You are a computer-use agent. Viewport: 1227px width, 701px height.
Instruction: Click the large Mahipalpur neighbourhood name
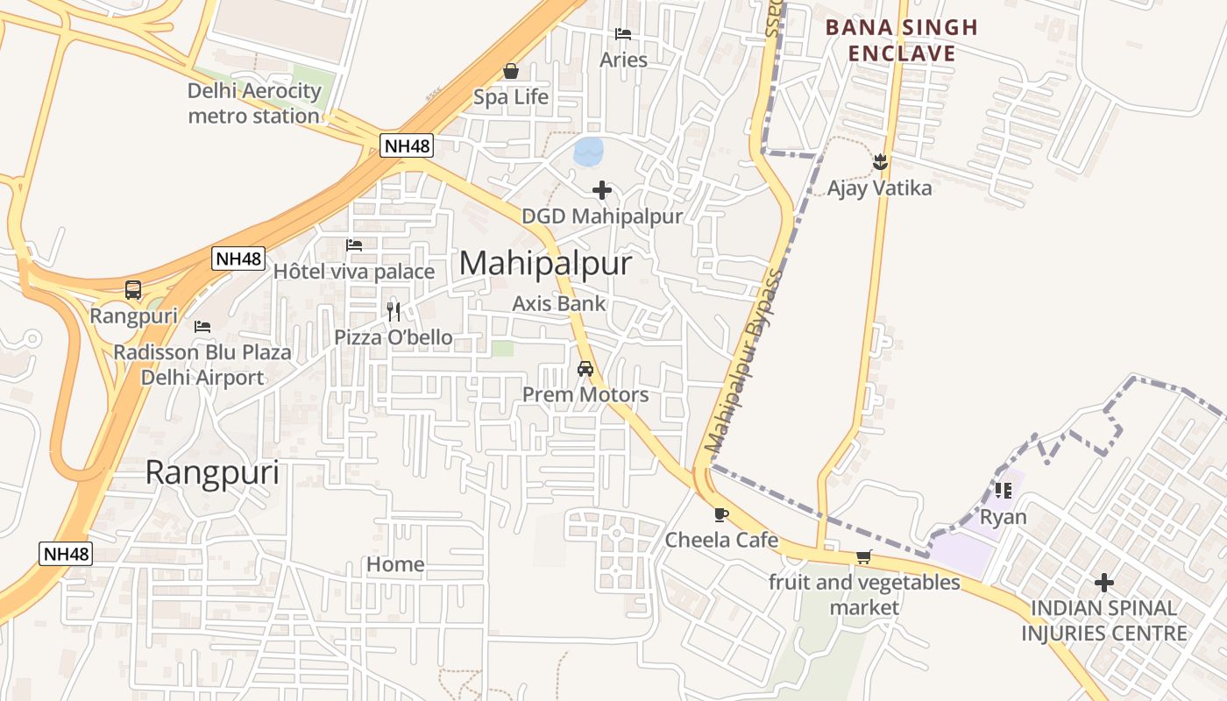[x=544, y=263]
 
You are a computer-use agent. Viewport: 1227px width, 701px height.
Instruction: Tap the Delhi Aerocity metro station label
[x=254, y=103]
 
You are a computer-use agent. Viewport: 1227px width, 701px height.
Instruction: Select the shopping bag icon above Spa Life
[x=511, y=71]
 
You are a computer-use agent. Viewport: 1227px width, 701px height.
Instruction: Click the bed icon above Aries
[x=623, y=34]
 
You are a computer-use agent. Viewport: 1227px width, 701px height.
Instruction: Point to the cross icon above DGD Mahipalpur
[x=602, y=189]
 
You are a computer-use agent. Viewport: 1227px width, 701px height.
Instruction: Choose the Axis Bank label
[x=559, y=304]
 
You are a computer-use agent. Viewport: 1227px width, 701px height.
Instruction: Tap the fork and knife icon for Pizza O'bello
[x=394, y=311]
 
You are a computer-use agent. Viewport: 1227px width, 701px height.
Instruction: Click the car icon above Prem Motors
[x=585, y=369]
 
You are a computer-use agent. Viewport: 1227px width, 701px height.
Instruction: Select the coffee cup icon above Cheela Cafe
[x=721, y=514]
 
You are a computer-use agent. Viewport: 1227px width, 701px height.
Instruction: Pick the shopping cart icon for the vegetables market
[x=864, y=556]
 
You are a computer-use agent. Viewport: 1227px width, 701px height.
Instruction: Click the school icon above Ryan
[x=1004, y=491]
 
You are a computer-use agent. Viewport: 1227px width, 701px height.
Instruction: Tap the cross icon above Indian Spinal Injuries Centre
[x=1104, y=582]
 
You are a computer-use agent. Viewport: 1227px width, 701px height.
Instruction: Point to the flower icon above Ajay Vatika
[x=880, y=162]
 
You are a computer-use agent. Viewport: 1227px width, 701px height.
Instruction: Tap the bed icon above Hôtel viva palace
[x=354, y=245]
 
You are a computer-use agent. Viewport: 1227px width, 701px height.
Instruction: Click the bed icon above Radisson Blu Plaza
[x=202, y=327]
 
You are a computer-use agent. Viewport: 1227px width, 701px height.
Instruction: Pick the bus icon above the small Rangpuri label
[x=133, y=289]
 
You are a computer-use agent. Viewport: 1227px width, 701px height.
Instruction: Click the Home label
[x=395, y=564]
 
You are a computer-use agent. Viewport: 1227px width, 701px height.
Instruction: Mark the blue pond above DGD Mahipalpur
[x=588, y=151]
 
